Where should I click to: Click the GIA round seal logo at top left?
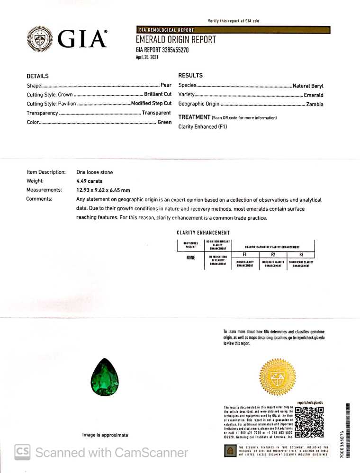tap(41, 39)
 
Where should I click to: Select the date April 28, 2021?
tap(147, 57)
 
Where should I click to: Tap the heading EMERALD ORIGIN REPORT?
tap(176, 40)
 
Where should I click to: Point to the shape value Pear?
tap(166, 85)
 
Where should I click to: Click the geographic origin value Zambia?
tap(315, 104)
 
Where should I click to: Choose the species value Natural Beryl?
tap(308, 86)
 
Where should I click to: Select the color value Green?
tap(164, 122)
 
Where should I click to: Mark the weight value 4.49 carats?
tap(90, 181)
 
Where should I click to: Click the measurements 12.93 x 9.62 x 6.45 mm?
tap(103, 190)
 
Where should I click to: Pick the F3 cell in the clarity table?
tap(301, 254)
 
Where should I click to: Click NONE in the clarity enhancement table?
tap(191, 258)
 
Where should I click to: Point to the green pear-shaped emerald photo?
tap(104, 377)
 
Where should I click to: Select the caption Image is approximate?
tap(105, 435)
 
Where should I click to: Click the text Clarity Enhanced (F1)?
tap(203, 127)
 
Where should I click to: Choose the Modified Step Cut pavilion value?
tap(151, 104)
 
